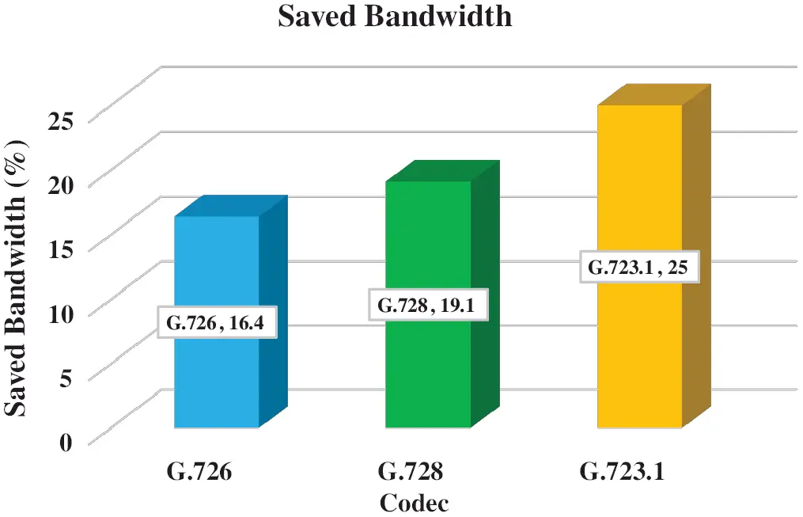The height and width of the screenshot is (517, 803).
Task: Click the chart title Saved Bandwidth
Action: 395,17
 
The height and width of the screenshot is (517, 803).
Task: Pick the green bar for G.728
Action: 428,372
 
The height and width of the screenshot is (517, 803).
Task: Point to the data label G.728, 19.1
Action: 428,305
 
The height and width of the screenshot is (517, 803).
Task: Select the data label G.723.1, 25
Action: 640,268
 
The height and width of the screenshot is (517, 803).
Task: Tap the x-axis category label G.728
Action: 411,473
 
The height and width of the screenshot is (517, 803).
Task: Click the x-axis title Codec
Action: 415,502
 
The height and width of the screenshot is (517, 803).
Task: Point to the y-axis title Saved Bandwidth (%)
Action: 19,277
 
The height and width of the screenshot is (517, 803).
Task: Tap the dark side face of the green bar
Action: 485,301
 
